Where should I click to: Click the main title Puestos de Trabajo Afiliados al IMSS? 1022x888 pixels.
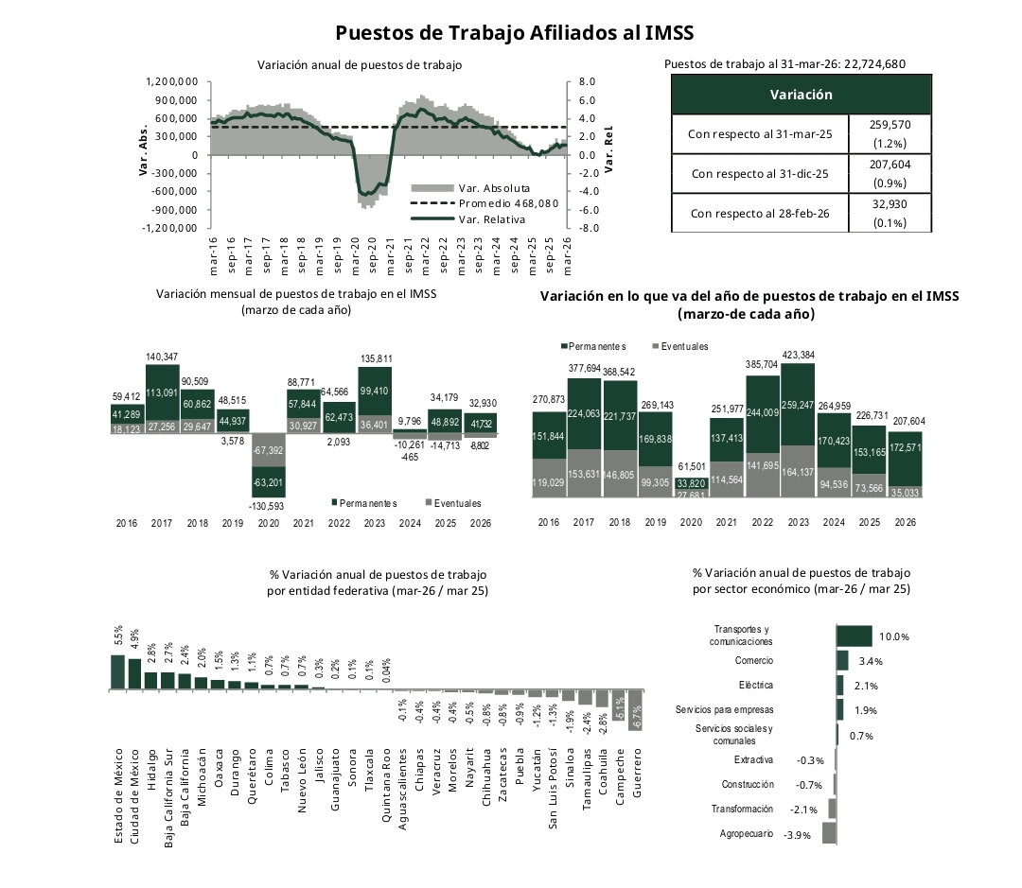pos(515,33)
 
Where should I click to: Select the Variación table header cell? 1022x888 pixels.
pos(801,95)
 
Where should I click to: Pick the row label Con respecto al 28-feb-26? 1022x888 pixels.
pos(760,214)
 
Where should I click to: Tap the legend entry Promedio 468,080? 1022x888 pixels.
pos(507,203)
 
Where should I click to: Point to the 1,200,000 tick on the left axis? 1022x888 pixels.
pos(172,82)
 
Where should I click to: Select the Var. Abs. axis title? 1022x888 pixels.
pos(145,155)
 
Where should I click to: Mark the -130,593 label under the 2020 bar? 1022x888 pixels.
pos(270,506)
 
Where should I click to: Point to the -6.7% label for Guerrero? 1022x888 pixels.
pos(636,716)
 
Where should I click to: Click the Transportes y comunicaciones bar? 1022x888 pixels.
pos(855,636)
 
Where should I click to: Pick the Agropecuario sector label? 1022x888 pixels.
pos(747,833)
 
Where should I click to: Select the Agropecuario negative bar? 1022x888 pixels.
pos(829,833)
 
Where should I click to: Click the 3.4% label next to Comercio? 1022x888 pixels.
pos(870,661)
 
